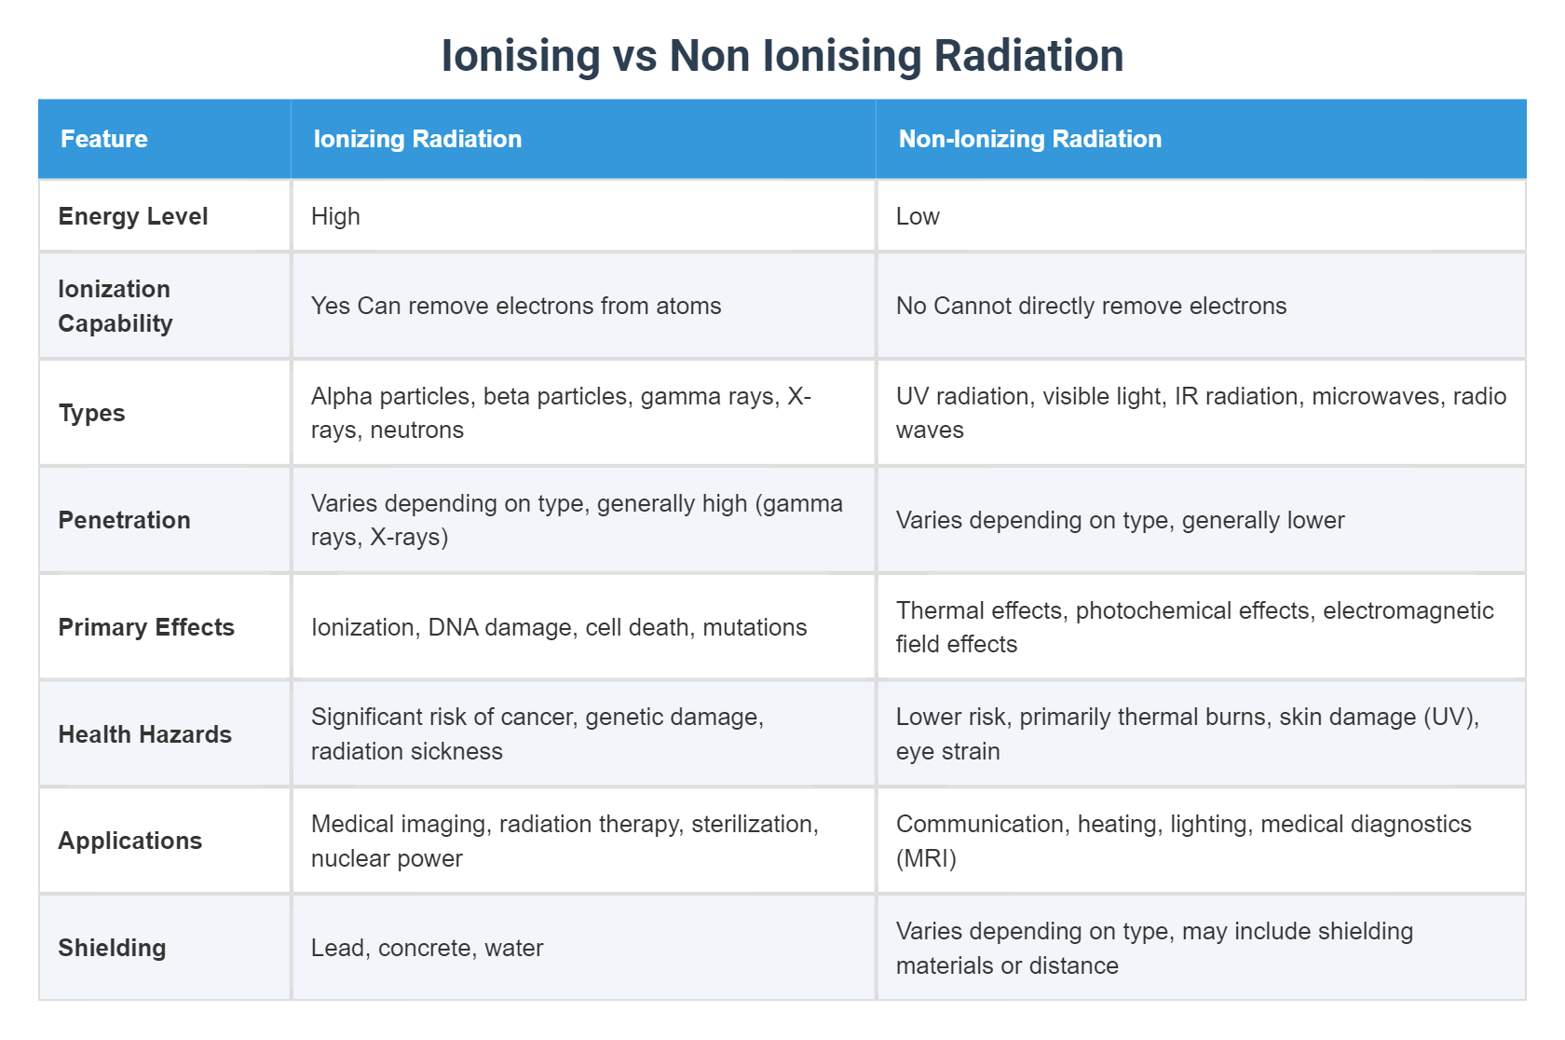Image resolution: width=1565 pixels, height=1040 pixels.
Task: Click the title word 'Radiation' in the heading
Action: point(1028,56)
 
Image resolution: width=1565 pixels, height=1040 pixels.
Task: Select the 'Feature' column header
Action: point(104,139)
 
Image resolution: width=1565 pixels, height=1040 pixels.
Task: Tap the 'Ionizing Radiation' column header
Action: point(417,139)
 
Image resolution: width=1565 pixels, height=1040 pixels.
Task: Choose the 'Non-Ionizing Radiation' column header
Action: point(1029,139)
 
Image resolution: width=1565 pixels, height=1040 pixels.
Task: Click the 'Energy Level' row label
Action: point(133,216)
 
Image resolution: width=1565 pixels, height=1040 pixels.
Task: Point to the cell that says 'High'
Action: point(335,216)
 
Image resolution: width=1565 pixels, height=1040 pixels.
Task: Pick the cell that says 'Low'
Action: point(918,216)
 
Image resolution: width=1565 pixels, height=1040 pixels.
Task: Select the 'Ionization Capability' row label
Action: point(116,306)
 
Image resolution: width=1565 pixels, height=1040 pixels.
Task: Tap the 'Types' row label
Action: point(91,413)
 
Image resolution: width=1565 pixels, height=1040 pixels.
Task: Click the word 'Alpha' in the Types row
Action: point(339,396)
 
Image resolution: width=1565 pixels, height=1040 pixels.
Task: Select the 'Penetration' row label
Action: point(124,520)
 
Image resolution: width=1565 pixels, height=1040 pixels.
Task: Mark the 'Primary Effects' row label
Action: point(146,627)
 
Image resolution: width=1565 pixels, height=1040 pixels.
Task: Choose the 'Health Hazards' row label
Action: point(144,734)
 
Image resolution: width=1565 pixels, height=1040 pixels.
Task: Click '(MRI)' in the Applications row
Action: point(926,858)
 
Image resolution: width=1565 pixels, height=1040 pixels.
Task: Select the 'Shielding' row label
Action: point(112,948)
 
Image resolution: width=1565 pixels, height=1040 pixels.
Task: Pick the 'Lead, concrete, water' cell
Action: point(427,948)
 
